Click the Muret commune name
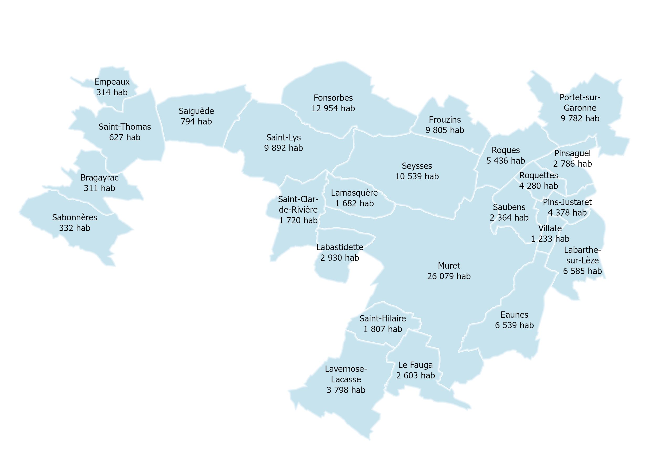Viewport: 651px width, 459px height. pyautogui.click(x=449, y=266)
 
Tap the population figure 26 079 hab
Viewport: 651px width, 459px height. pyautogui.click(x=449, y=276)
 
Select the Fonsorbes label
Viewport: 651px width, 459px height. pyautogui.click(x=333, y=98)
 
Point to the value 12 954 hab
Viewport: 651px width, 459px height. pyautogui.click(x=333, y=108)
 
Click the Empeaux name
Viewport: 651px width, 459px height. pyautogui.click(x=112, y=82)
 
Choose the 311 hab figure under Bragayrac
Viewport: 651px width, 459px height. pyautogui.click(x=99, y=188)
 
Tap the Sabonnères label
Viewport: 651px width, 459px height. pyautogui.click(x=75, y=218)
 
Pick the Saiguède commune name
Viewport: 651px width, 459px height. pyautogui.click(x=196, y=111)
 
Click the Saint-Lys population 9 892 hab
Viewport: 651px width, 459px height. pyautogui.click(x=283, y=148)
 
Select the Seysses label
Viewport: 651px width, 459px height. pyautogui.click(x=417, y=166)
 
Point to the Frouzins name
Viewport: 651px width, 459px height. pyautogui.click(x=445, y=120)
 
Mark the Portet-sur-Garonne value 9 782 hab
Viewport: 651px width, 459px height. pyautogui.click(x=580, y=118)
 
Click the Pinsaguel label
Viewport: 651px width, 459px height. pyautogui.click(x=572, y=153)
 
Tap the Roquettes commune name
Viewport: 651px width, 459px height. pyautogui.click(x=538, y=175)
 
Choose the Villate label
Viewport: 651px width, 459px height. pyautogui.click(x=550, y=228)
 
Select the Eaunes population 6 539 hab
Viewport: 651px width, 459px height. pyautogui.click(x=514, y=325)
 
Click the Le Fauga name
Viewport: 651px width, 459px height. pyautogui.click(x=415, y=365)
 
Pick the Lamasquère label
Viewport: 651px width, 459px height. pyautogui.click(x=354, y=193)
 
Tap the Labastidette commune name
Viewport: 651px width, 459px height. pyautogui.click(x=339, y=247)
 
